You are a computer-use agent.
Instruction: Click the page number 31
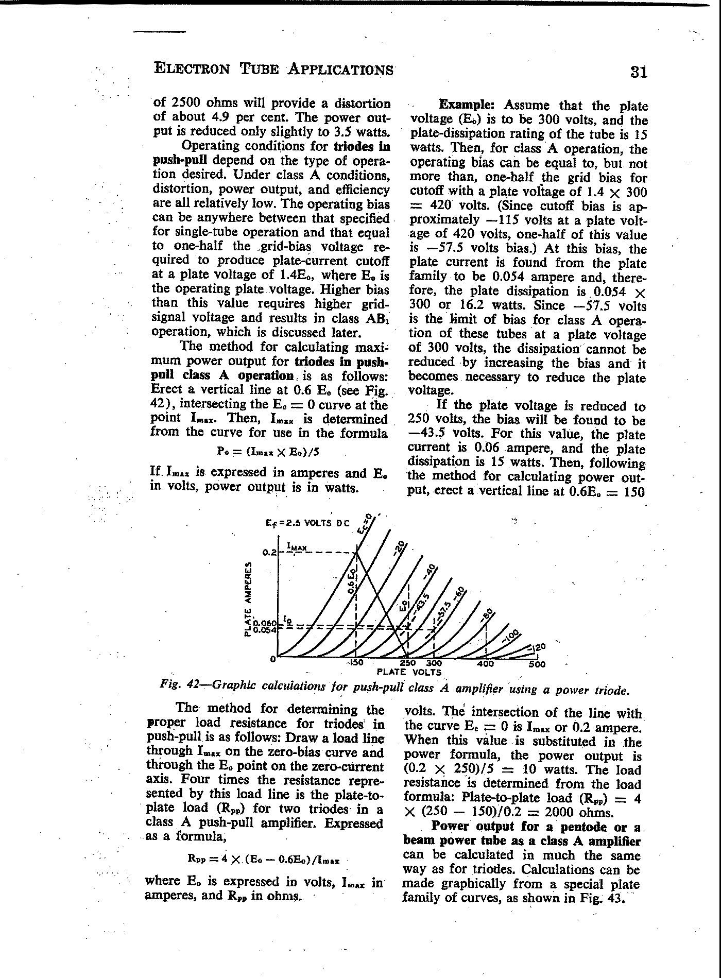coord(638,72)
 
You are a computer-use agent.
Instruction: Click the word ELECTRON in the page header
coord(192,68)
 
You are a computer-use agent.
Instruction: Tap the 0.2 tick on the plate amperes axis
coord(269,553)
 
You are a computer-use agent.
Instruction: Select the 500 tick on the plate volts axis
coord(537,664)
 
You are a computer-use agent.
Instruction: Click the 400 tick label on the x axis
coord(486,664)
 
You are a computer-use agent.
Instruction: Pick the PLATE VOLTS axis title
coord(409,672)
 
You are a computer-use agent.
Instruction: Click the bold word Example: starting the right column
coord(467,105)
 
